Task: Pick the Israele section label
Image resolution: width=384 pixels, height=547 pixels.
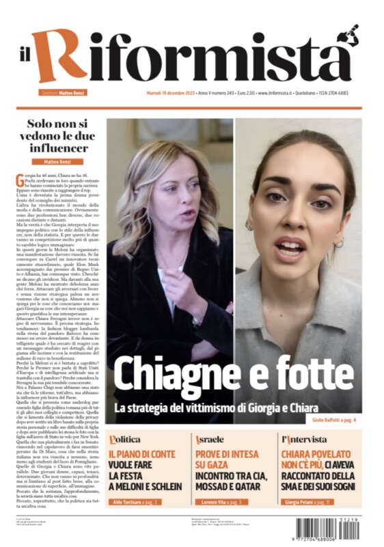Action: pyautogui.click(x=210, y=438)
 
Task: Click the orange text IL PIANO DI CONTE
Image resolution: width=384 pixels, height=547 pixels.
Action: pyautogui.click(x=141, y=453)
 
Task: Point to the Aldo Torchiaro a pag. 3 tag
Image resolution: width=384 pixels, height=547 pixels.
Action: pyautogui.click(x=135, y=502)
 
